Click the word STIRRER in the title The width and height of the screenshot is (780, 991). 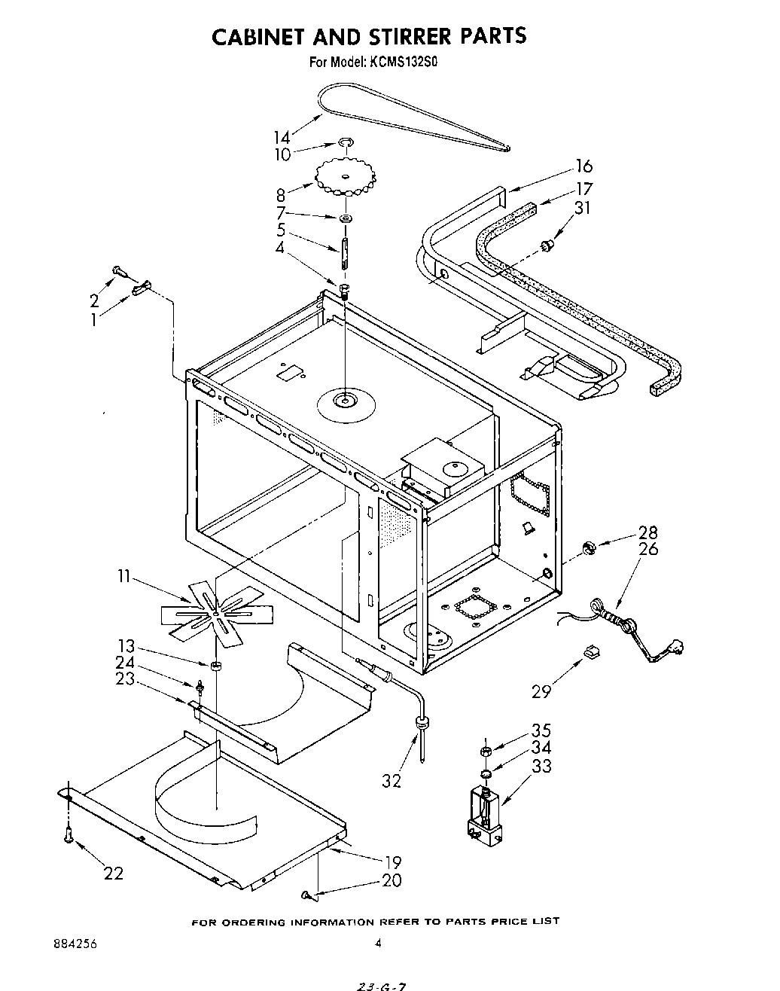pos(410,35)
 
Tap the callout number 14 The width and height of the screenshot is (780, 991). pos(282,137)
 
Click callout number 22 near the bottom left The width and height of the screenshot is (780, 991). pos(113,874)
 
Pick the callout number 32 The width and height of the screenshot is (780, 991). pos(392,781)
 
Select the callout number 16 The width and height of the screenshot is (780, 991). pos(583,166)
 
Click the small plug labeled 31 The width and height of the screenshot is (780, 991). pos(548,244)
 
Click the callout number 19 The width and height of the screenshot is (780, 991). pos(392,862)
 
